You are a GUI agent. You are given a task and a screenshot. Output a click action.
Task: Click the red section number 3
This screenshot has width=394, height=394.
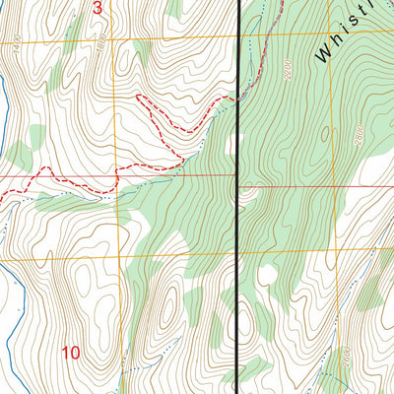click(x=97, y=9)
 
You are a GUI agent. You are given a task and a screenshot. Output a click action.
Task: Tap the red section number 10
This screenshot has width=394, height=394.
click(x=71, y=352)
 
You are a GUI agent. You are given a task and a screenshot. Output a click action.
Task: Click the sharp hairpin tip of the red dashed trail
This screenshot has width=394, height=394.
click(x=137, y=97)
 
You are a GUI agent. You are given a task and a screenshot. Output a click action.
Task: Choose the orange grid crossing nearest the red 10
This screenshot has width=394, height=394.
click(x=121, y=258)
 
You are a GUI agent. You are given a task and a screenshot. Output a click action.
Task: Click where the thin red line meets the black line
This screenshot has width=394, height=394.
click(x=239, y=177)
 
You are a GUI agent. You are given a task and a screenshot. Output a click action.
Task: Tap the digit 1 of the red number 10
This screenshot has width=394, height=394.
click(x=65, y=352)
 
